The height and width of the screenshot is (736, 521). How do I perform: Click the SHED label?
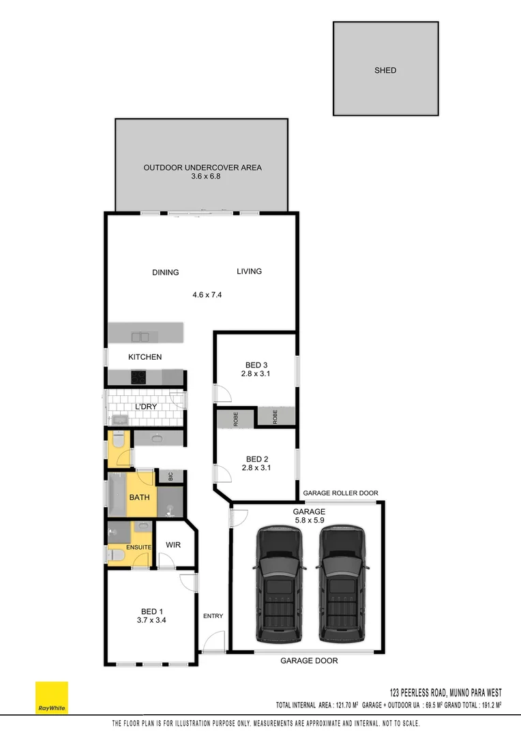click(x=385, y=70)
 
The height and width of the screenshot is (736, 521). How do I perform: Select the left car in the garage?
click(x=279, y=585)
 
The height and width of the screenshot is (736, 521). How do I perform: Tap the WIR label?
click(x=173, y=545)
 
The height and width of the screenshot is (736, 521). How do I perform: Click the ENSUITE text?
click(x=139, y=547)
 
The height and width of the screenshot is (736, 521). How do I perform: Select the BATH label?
click(x=139, y=497)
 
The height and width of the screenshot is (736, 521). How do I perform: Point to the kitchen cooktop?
click(x=139, y=376)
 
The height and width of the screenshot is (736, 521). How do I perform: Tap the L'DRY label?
click(x=146, y=407)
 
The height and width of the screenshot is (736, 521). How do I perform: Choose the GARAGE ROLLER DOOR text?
click(x=340, y=493)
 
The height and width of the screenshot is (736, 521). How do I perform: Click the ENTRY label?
click(x=213, y=616)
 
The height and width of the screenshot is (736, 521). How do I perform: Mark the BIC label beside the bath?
click(x=170, y=477)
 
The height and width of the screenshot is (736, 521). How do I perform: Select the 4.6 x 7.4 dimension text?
click(x=207, y=295)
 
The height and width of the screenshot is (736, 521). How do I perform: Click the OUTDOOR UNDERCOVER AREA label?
click(x=203, y=168)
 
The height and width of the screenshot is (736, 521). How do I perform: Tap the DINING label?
click(x=165, y=273)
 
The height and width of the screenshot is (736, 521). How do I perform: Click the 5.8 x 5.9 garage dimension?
click(x=309, y=520)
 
